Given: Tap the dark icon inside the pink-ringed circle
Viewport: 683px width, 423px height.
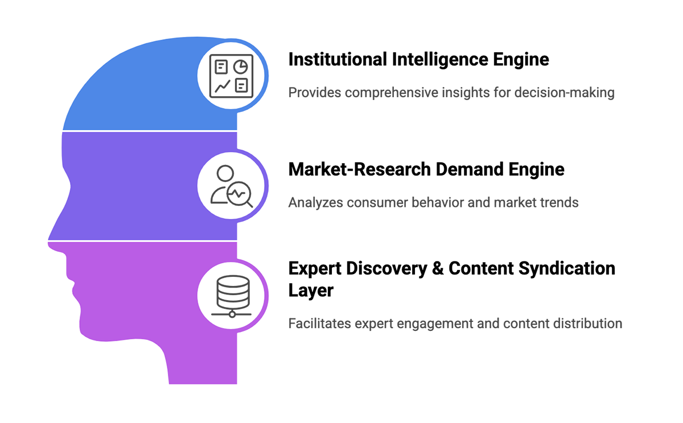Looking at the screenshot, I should pyautogui.click(x=231, y=293).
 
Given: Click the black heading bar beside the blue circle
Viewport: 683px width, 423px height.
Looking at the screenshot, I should pyautogui.click(x=427, y=57).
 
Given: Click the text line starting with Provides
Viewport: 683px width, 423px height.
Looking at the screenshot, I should pyautogui.click(x=450, y=92).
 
